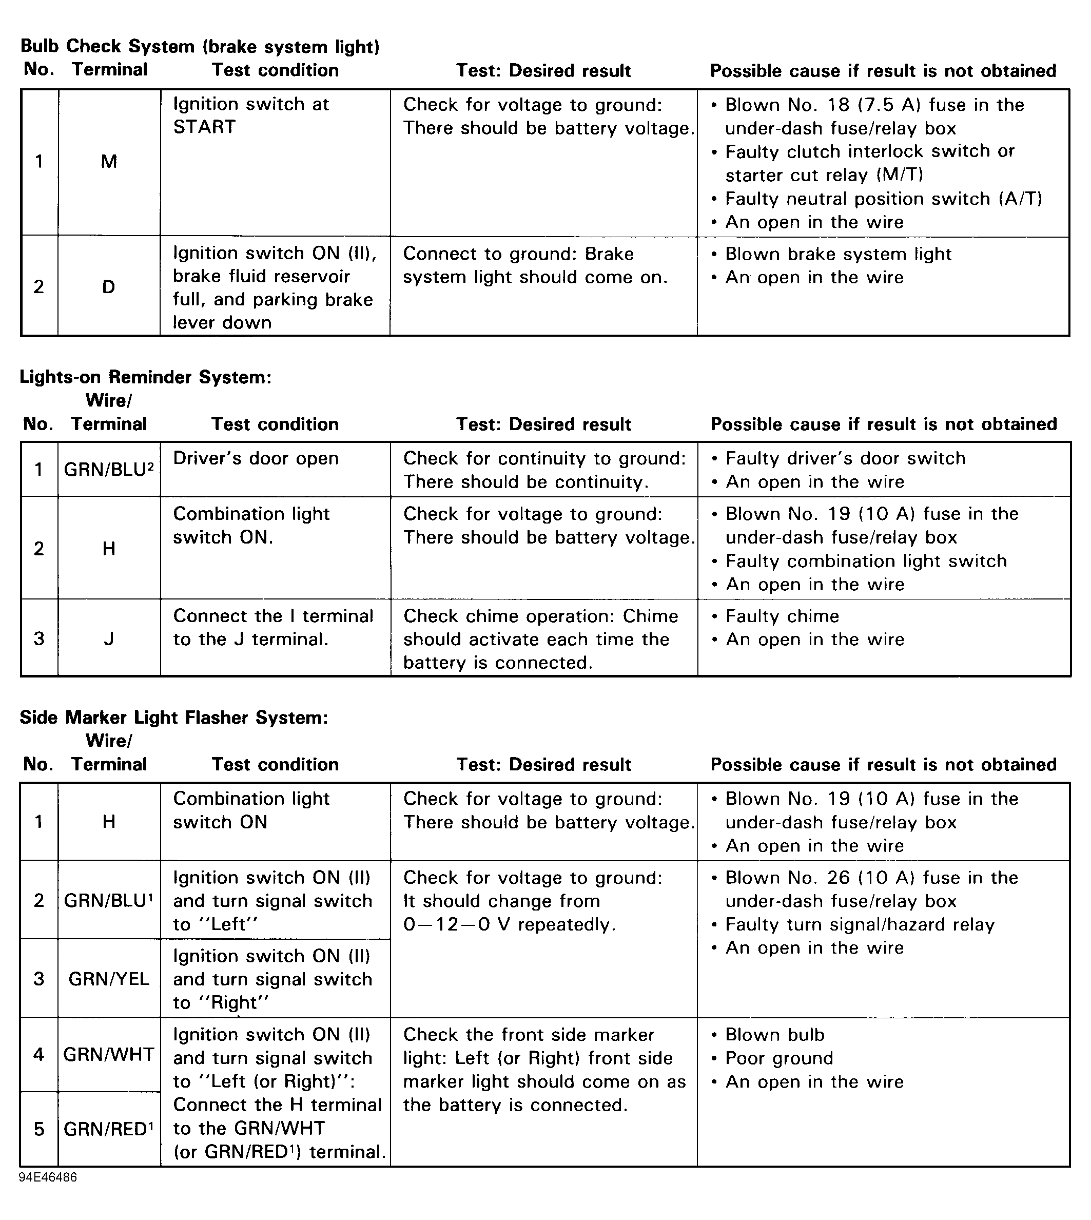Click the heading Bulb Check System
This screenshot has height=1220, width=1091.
(200, 46)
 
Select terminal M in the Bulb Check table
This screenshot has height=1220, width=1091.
(108, 161)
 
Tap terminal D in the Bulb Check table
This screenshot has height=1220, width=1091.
(108, 286)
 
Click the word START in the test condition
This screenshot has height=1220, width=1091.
(204, 127)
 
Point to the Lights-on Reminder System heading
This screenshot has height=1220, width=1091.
(146, 377)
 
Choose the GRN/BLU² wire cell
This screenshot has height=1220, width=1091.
(108, 470)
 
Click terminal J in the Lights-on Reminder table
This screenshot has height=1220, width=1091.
(108, 638)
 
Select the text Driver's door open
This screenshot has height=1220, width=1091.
(256, 459)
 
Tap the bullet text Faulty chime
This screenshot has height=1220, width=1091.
(782, 616)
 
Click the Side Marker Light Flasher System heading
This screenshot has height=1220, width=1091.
(174, 718)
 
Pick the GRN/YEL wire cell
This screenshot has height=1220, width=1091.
(108, 979)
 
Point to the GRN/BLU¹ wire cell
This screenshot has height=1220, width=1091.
(108, 900)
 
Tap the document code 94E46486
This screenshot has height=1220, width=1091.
(48, 1177)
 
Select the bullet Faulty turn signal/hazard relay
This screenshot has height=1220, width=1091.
(860, 925)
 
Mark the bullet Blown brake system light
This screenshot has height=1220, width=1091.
(838, 254)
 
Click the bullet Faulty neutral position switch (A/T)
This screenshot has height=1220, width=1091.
(884, 199)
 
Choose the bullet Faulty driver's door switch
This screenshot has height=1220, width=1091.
(845, 459)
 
